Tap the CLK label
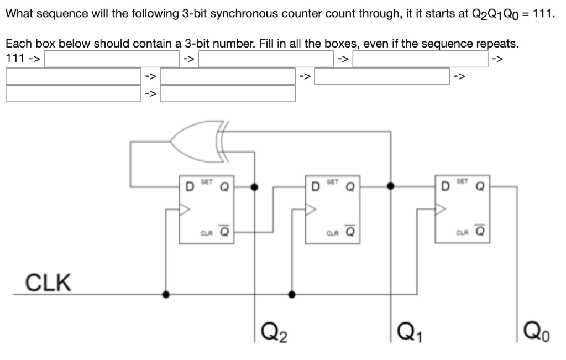(x=49, y=283)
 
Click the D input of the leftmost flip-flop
(x=188, y=186)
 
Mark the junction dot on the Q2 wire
(x=254, y=186)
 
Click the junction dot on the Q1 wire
(x=391, y=186)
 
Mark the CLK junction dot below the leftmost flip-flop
(x=165, y=294)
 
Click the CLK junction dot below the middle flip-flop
(x=292, y=294)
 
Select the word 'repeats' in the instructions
(x=496, y=43)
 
